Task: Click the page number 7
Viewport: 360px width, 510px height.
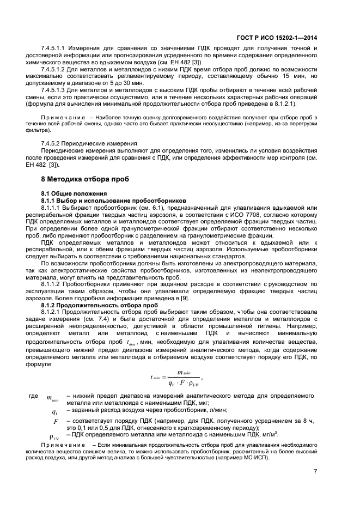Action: (315, 471)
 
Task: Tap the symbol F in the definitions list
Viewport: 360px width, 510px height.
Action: (56, 422)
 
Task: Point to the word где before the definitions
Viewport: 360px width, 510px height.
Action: (33, 396)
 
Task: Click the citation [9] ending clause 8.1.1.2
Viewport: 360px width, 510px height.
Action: (185, 298)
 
